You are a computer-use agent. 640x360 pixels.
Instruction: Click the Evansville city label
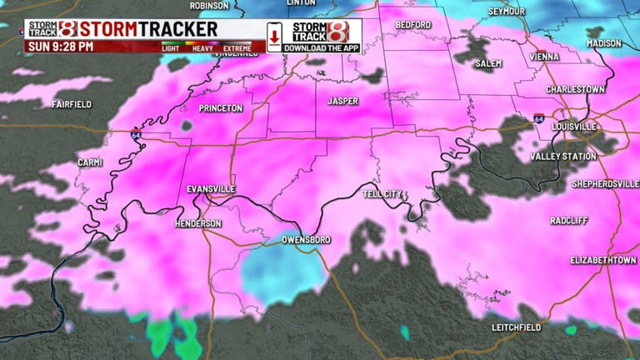pyautogui.click(x=211, y=189)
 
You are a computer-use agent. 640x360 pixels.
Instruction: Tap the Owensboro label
pyautogui.click(x=306, y=240)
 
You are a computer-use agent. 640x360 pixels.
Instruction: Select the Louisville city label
pyautogui.click(x=574, y=126)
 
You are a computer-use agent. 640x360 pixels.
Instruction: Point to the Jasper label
pyautogui.click(x=342, y=101)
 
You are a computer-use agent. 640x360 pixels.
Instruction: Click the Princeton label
pyautogui.click(x=221, y=108)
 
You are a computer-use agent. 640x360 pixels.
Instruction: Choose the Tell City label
pyautogui.click(x=382, y=194)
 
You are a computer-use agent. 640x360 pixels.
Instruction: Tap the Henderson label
pyautogui.click(x=198, y=224)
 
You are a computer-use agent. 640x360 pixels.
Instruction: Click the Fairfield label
pyautogui.click(x=72, y=104)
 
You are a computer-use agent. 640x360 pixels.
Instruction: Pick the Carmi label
pyautogui.click(x=89, y=162)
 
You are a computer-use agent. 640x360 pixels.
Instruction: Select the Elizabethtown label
pyautogui.click(x=603, y=260)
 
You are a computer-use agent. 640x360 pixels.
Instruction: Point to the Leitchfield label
pyautogui.click(x=517, y=327)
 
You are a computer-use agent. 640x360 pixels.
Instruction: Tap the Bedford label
pyautogui.click(x=413, y=25)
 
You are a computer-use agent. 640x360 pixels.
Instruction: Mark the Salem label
pyautogui.click(x=489, y=63)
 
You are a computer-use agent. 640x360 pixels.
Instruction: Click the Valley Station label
pyautogui.click(x=563, y=157)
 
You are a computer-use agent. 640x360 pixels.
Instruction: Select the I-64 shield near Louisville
pyautogui.click(x=539, y=119)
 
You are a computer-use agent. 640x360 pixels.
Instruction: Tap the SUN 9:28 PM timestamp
pyautogui.click(x=61, y=47)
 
